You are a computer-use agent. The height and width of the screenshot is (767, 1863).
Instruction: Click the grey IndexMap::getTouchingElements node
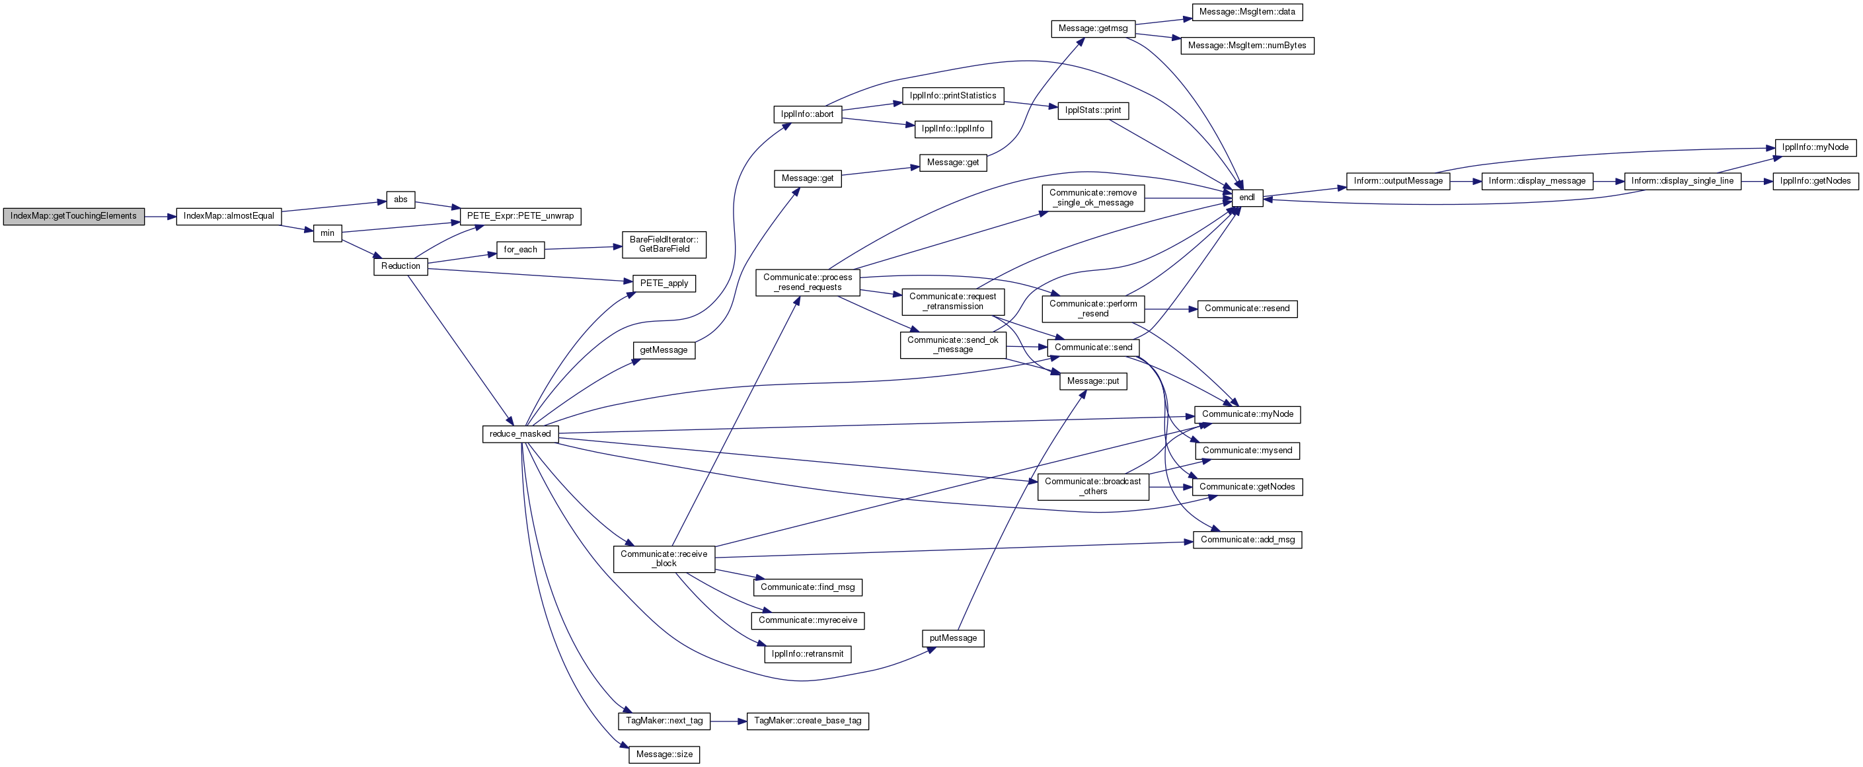pyautogui.click(x=74, y=216)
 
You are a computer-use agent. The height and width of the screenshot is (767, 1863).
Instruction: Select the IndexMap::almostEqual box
pyautogui.click(x=229, y=216)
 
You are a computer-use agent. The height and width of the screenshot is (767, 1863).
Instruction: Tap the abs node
pyautogui.click(x=400, y=200)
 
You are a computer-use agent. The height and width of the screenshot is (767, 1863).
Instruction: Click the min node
pyautogui.click(x=328, y=233)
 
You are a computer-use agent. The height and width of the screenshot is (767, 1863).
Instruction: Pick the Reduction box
pyautogui.click(x=400, y=266)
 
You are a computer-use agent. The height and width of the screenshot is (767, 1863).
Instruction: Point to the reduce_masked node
pyautogui.click(x=520, y=434)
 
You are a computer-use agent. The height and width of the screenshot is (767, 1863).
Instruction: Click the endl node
pyautogui.click(x=1247, y=198)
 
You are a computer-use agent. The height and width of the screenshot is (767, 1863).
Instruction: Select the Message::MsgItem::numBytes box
pyautogui.click(x=1247, y=46)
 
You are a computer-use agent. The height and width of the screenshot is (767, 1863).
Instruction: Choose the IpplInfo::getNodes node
pyautogui.click(x=1815, y=181)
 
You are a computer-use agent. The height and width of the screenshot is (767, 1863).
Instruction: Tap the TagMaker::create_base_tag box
pyautogui.click(x=808, y=721)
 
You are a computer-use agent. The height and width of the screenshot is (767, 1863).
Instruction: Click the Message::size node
pyautogui.click(x=665, y=754)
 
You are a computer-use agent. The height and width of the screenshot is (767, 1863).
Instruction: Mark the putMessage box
pyautogui.click(x=953, y=638)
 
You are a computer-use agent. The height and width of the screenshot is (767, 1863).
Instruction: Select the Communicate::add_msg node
pyautogui.click(x=1248, y=539)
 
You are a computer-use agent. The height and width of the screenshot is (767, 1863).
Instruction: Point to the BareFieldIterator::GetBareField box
pyautogui.click(x=665, y=244)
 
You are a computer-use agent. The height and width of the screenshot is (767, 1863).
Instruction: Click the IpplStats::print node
pyautogui.click(x=1093, y=110)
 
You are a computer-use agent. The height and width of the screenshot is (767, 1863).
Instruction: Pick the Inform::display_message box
pyautogui.click(x=1537, y=181)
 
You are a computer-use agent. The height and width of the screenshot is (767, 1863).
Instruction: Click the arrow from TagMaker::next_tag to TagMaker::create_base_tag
pyautogui.click(x=728, y=721)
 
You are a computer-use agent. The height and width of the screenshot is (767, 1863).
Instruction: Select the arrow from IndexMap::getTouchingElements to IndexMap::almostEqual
pyautogui.click(x=161, y=216)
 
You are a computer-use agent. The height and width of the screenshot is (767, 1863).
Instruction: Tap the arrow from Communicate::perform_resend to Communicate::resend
pyautogui.click(x=1171, y=309)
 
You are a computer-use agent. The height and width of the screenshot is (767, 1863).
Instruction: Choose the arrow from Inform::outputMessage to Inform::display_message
pyautogui.click(x=1466, y=181)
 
